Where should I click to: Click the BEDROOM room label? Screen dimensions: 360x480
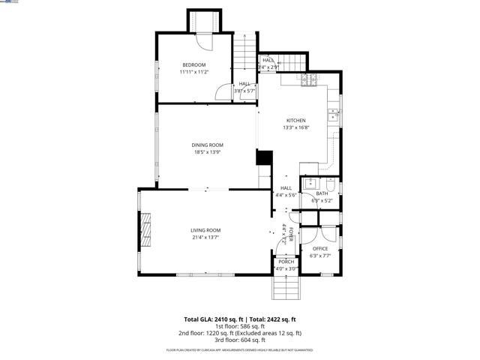[x=193, y=64]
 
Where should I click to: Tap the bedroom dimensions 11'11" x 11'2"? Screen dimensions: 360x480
[x=193, y=72]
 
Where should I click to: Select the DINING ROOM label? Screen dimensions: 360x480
[x=207, y=145]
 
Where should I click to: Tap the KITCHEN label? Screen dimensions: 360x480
[x=295, y=120]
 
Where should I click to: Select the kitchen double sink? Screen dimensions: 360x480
[x=334, y=115]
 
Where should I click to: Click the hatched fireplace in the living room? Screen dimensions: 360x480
[x=148, y=229]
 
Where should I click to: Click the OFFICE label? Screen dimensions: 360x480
[x=320, y=248]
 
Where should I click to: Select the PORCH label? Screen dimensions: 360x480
[x=286, y=262]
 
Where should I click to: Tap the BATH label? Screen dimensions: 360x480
[x=322, y=193]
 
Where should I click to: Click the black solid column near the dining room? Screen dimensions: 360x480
[x=264, y=157]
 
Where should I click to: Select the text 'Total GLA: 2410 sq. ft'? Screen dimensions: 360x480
[x=212, y=319]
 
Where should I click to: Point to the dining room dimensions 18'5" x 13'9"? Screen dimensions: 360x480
[x=207, y=152]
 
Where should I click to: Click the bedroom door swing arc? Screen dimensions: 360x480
[x=223, y=94]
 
